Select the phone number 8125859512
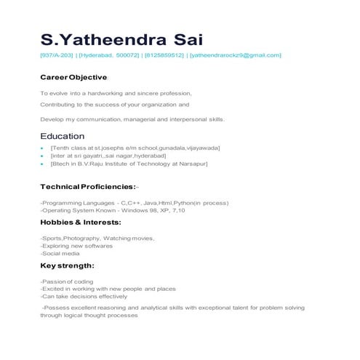click(164, 55)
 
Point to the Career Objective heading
click(73, 76)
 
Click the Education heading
click(63, 136)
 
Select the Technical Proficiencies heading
click(88, 187)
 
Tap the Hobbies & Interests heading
click(80, 222)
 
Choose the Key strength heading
click(67, 265)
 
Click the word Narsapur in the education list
click(193, 164)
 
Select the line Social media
click(60, 254)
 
